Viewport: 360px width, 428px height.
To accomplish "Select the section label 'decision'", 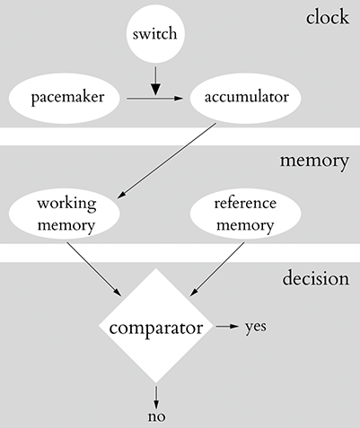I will tap(314, 277).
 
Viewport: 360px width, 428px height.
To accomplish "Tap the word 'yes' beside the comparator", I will tap(255, 328).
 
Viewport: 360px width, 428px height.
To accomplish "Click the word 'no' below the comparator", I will tap(156, 417).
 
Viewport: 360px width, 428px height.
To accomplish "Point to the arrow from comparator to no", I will tap(156, 395).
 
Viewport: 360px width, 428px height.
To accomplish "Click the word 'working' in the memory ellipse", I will tap(66, 205).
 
